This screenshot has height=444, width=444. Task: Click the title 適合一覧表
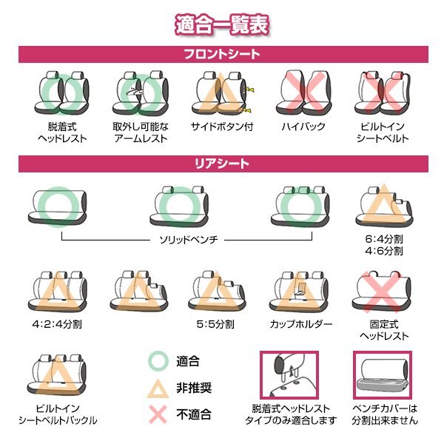(x=222, y=23)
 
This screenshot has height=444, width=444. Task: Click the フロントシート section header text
(x=222, y=54)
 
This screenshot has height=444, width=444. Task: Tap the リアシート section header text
(x=222, y=163)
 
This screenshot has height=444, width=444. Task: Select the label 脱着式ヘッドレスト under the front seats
(x=62, y=132)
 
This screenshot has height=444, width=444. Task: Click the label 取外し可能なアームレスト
(x=140, y=132)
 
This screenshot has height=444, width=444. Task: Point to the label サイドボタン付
(x=222, y=127)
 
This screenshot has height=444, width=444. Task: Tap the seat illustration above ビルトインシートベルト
(x=383, y=92)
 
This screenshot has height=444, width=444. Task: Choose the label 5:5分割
(x=218, y=324)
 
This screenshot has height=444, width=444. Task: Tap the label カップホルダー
(x=301, y=324)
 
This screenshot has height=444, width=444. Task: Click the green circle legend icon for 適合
(x=157, y=362)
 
